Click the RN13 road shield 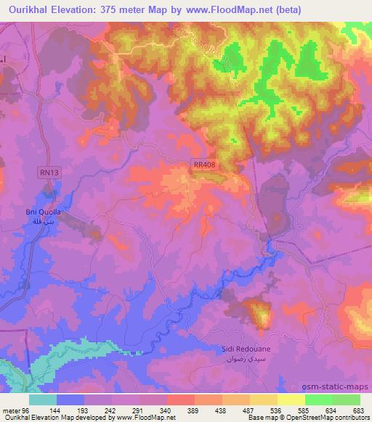[48, 172]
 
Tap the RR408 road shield [204, 165]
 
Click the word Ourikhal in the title [28, 9]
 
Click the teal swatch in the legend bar [43, 400]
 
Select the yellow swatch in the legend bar [291, 400]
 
